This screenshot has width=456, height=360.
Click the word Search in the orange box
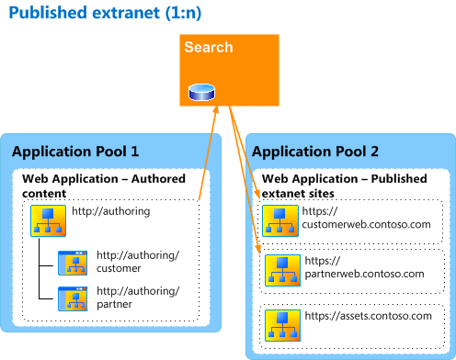(208, 47)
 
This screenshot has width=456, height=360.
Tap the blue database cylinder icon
(200, 92)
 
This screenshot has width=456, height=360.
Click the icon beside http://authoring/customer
(73, 263)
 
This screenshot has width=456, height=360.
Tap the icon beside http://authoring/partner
(73, 298)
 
